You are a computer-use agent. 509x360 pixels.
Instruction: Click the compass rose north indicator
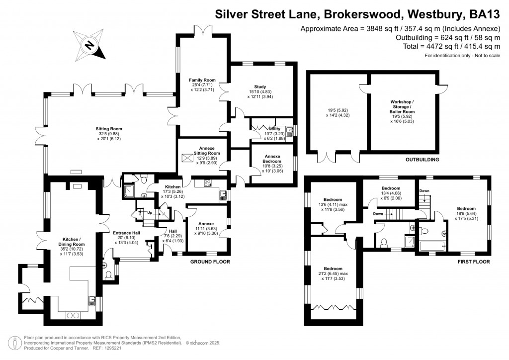click(89, 45)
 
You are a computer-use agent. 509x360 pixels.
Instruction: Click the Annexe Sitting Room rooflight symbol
click(187, 158)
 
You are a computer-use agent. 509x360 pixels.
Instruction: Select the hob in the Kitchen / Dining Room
click(73, 315)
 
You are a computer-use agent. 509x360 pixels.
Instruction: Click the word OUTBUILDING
click(423, 160)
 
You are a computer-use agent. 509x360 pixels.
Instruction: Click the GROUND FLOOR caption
click(210, 262)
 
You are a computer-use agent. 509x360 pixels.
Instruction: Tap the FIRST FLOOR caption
click(474, 262)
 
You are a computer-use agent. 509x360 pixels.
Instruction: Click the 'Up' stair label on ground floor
click(150, 213)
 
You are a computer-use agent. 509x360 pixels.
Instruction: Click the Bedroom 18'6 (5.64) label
click(466, 213)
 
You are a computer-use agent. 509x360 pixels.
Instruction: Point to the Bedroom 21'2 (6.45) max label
click(333, 273)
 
